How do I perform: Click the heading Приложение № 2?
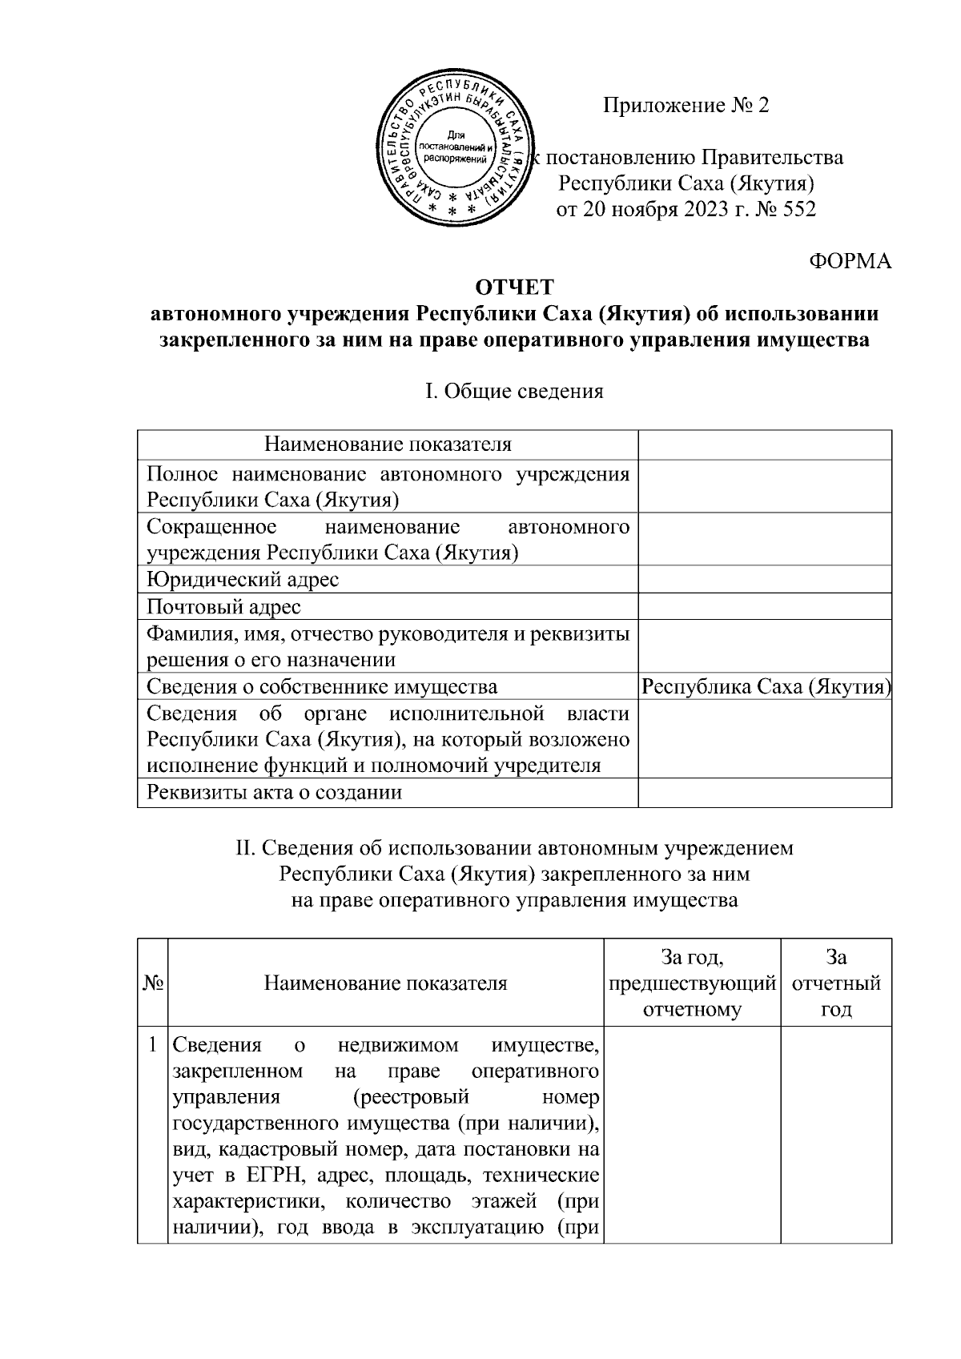[686, 106]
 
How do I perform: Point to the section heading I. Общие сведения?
[514, 392]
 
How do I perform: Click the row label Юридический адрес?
[243, 579]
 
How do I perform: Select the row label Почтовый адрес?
[224, 606]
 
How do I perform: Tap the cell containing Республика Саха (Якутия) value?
[766, 686]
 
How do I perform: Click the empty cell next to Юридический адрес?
[764, 579]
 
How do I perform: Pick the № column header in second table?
[152, 983]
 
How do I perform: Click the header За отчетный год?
[835, 983]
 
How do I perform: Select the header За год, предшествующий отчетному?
[692, 983]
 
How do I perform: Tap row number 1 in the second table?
[152, 1045]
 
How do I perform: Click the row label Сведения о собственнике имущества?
[322, 686]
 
